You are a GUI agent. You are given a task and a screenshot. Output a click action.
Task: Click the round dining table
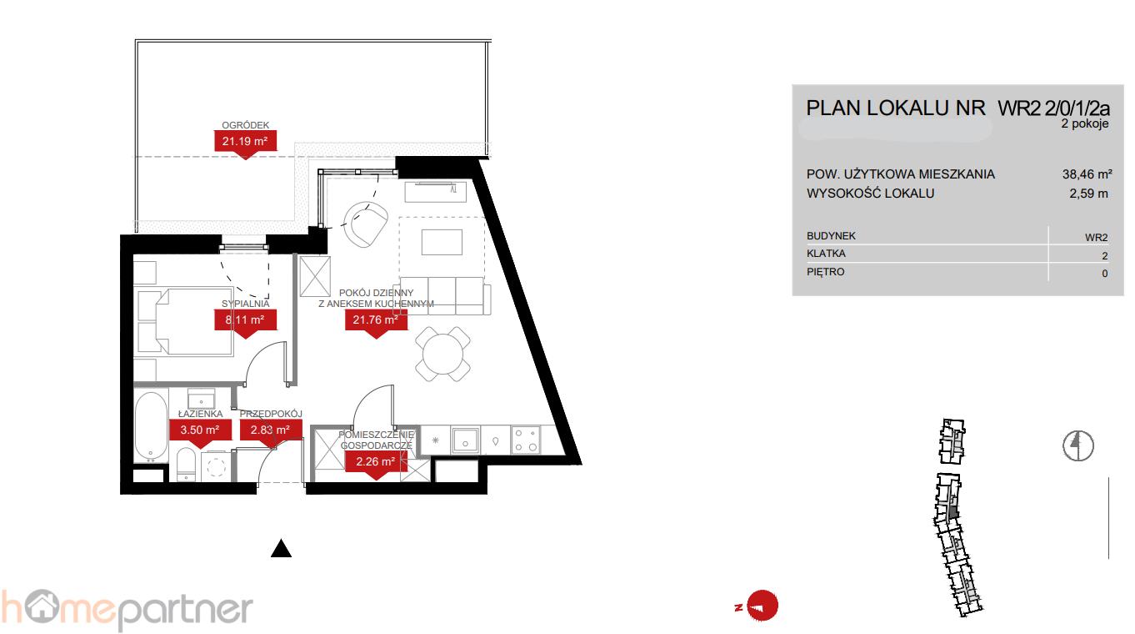click(x=442, y=354)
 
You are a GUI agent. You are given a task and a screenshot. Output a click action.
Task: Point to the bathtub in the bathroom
click(x=151, y=426)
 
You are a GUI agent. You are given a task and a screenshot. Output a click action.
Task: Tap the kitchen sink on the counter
click(x=465, y=440)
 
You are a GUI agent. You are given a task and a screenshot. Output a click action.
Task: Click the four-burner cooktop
click(x=526, y=440)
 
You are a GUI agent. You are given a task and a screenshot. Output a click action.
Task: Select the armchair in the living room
click(x=365, y=224)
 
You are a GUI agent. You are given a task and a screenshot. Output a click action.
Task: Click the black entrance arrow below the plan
click(x=281, y=549)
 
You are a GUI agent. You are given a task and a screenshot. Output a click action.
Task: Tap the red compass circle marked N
click(x=762, y=606)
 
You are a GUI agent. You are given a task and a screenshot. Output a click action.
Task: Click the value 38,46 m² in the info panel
click(x=1087, y=174)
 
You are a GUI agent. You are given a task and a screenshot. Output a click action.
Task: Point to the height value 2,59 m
click(x=1088, y=194)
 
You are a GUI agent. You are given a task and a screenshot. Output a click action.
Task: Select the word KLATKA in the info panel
click(x=826, y=253)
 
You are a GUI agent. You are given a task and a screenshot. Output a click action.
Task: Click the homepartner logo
click(x=127, y=610)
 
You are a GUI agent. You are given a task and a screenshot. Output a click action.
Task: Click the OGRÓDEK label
click(x=245, y=125)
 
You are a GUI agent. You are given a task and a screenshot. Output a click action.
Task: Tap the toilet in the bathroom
click(x=186, y=464)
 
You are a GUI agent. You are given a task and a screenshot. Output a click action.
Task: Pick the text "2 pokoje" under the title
click(x=1085, y=123)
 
